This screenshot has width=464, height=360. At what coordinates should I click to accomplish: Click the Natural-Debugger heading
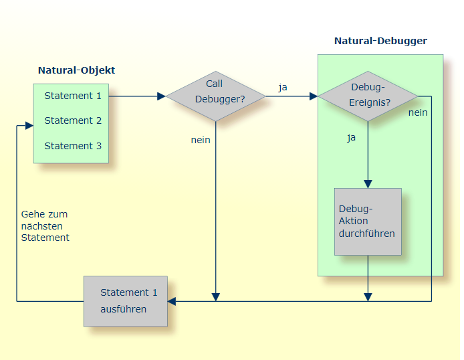(380, 41)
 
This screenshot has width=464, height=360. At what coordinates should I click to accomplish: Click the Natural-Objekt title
(76, 70)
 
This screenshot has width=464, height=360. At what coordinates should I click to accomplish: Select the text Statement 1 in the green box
(73, 96)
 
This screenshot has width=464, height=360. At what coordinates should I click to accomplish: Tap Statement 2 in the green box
(73, 120)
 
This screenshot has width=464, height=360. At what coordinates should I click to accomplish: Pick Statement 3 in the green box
(73, 146)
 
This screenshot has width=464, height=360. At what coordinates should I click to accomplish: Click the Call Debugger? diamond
(215, 96)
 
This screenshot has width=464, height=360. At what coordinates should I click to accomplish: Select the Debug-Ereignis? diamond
(368, 96)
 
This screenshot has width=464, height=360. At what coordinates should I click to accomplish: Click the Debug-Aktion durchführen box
(368, 221)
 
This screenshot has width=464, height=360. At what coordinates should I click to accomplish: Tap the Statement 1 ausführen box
(126, 301)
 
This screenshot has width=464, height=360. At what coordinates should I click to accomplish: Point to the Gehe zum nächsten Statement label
(45, 226)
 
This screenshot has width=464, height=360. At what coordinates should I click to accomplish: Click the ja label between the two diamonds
(283, 87)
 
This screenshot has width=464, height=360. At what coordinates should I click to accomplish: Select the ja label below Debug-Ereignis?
(352, 138)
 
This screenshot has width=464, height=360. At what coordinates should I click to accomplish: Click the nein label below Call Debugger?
(201, 140)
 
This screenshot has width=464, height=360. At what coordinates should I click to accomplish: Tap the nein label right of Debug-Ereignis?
(418, 112)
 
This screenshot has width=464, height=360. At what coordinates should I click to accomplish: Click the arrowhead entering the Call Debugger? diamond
(161, 96)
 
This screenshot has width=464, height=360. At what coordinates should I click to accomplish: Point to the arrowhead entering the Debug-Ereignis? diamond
(314, 96)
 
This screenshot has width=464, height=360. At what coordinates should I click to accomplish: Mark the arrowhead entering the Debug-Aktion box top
(368, 184)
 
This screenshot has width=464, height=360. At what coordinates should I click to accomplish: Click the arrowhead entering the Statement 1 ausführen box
(172, 301)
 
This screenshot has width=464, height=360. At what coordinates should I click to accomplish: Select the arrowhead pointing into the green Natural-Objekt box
(29, 125)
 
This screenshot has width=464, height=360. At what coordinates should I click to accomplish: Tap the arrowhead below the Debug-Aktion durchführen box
(368, 296)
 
